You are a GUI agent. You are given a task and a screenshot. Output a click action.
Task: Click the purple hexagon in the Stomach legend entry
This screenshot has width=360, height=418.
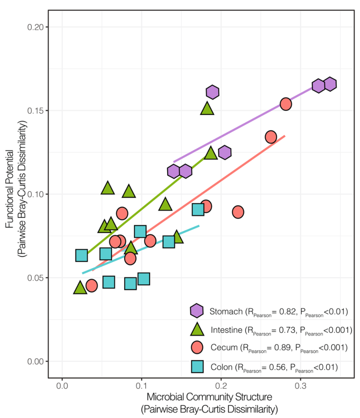pyautogui.click(x=197, y=311)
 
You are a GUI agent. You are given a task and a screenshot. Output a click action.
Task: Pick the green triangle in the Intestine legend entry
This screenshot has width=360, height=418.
pyautogui.click(x=197, y=329)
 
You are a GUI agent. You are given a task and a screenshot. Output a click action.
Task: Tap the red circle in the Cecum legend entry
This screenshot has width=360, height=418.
pyautogui.click(x=197, y=347)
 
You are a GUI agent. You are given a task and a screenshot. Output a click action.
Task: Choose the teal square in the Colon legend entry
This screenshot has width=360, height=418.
pyautogui.click(x=197, y=366)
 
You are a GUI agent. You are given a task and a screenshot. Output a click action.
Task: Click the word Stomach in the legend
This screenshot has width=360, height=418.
pyautogui.click(x=226, y=311)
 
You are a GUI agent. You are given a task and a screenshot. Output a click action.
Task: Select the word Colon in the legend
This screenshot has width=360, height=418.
pyautogui.click(x=221, y=366)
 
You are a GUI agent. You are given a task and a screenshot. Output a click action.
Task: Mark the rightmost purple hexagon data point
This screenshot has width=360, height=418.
pyautogui.click(x=330, y=84)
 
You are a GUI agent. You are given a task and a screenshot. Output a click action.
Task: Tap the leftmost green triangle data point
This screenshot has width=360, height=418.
pyautogui.click(x=80, y=288)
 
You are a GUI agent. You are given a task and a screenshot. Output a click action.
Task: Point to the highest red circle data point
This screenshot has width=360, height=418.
pyautogui.click(x=286, y=104)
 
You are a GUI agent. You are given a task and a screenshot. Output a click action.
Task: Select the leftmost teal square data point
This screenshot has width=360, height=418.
pyautogui.click(x=81, y=255)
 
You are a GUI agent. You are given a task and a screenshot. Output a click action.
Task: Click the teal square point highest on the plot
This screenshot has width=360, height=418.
pyautogui.click(x=198, y=210)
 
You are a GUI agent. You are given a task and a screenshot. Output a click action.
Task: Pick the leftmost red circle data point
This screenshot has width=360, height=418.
pyautogui.click(x=92, y=286)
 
